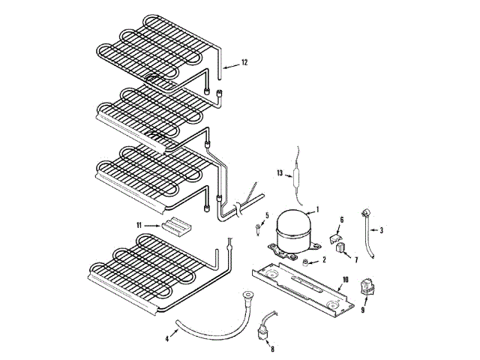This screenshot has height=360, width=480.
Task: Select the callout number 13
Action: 280,173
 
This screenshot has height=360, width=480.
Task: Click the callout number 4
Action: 166,339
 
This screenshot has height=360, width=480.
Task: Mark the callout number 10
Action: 345,280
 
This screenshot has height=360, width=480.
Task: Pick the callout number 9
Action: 363,308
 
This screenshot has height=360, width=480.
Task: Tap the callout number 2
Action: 324,260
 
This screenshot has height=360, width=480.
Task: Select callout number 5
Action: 266,215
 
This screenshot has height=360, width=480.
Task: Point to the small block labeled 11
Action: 180,223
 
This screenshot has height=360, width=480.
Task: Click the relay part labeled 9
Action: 367,286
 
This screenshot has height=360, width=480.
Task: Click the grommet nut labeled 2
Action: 307,260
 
